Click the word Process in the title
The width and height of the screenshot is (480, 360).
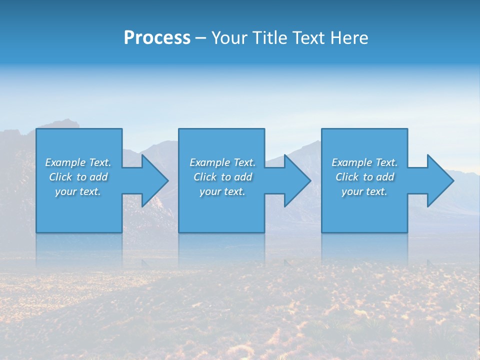click(157, 38)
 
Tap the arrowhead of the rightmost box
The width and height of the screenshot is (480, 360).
click(439, 180)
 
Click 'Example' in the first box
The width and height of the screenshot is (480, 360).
click(65, 162)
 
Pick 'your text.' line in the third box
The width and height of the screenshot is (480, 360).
click(364, 191)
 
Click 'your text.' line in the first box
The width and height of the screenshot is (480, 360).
click(77, 191)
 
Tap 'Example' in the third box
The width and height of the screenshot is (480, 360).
click(351, 162)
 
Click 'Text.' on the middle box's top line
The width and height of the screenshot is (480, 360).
click(244, 162)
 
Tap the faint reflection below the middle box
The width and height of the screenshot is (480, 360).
click(221, 247)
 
